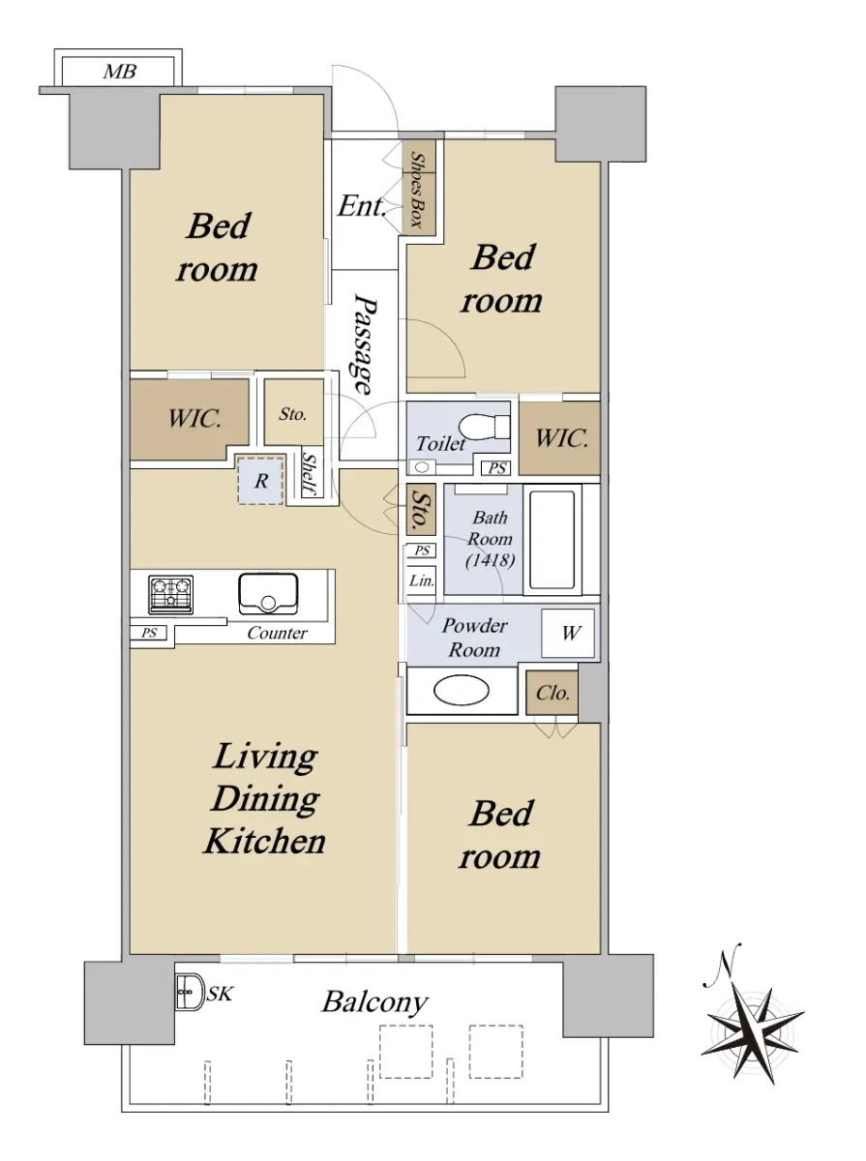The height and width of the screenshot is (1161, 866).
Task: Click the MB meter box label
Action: (120, 72)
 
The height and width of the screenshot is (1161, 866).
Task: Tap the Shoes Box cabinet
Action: (418, 188)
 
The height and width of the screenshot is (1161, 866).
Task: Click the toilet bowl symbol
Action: (484, 427)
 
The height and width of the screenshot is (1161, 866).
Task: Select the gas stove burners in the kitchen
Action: (170, 594)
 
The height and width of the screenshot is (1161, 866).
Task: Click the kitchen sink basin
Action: (268, 593)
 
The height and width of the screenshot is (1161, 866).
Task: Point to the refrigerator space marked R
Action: (260, 480)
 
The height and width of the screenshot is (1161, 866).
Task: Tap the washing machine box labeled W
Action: (568, 633)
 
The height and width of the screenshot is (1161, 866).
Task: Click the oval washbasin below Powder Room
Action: (462, 690)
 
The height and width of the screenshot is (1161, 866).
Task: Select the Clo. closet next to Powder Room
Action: (552, 693)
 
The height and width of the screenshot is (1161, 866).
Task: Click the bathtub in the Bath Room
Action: (552, 540)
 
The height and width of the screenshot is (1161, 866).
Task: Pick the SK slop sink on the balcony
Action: (190, 993)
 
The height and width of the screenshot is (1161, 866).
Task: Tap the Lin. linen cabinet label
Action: (421, 580)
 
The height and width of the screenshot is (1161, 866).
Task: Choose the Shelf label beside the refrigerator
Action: (311, 474)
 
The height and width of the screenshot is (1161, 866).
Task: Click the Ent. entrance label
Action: (362, 206)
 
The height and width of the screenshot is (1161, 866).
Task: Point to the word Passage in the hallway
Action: (365, 344)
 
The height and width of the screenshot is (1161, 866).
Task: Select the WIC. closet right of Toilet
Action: (559, 438)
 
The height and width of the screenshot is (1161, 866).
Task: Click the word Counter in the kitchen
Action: (277, 633)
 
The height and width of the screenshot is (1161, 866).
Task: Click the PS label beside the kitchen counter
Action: (149, 633)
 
